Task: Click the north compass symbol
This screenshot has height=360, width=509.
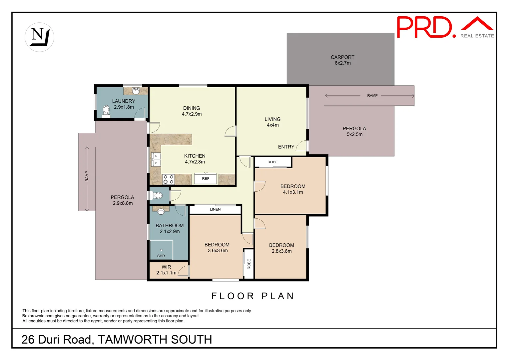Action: tap(39, 37)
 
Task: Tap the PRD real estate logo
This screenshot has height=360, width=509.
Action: tap(445, 27)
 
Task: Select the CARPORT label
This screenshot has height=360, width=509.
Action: tap(342, 57)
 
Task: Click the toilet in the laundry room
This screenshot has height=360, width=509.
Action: tap(106, 111)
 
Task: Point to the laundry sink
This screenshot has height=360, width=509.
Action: tap(136, 91)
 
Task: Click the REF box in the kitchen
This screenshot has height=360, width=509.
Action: tap(206, 179)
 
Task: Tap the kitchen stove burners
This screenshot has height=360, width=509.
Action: tap(168, 179)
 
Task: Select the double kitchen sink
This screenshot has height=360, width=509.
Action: tap(156, 159)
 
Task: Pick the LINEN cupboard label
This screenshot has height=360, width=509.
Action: tap(215, 209)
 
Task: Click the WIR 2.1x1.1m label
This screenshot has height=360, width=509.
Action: tap(166, 270)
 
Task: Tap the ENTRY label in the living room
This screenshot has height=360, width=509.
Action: tap(286, 147)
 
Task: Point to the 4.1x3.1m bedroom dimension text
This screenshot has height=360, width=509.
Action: tap(293, 192)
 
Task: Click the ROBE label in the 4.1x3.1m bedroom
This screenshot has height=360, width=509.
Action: tap(272, 162)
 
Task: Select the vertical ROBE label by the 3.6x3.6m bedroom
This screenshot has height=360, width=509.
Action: tap(249, 264)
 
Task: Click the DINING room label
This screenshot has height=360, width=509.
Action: tap(192, 108)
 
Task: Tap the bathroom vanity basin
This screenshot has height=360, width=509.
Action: tap(161, 212)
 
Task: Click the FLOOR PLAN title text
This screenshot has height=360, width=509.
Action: tap(253, 296)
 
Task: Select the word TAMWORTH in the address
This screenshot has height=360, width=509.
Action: tap(132, 340)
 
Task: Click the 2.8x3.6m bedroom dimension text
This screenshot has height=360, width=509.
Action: tap(281, 251)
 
